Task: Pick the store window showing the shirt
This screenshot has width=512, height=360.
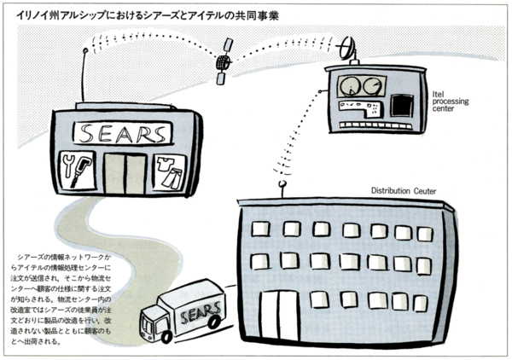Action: click(171, 172)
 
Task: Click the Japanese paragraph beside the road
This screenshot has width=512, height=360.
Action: click(62, 299)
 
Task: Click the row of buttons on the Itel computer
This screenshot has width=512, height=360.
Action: click(361, 110)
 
